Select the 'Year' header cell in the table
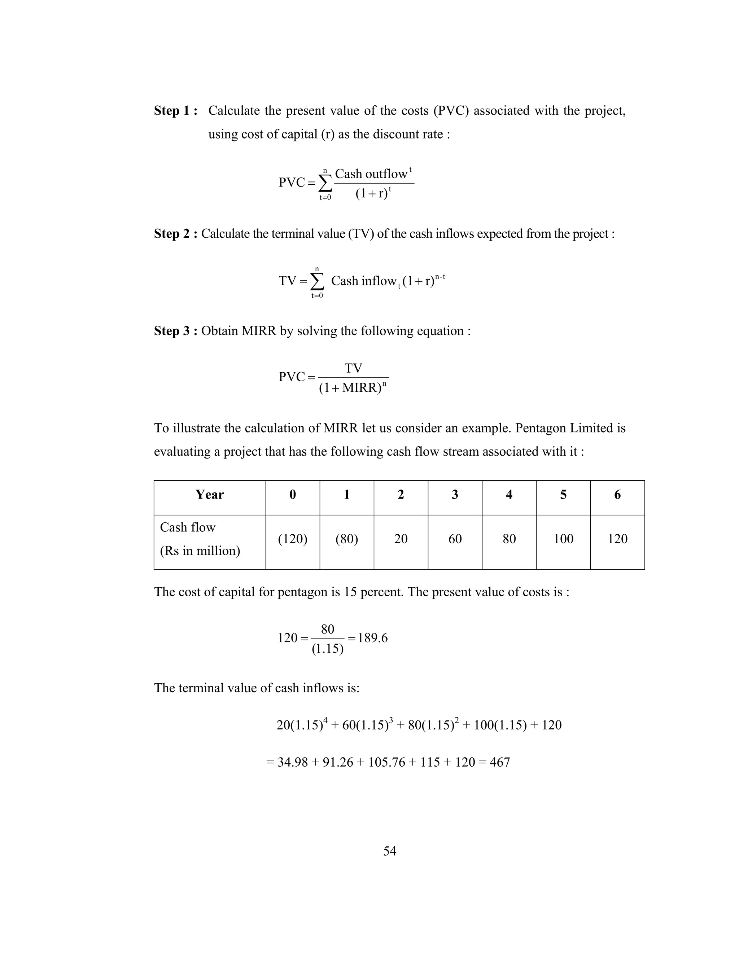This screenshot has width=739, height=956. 209,495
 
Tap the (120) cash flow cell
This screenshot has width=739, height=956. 292,539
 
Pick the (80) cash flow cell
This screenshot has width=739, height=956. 347,539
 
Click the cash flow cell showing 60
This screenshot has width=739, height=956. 455,539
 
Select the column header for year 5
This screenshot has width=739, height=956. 563,495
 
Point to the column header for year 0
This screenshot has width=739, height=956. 292,495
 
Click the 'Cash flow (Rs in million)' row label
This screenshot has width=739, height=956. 200,539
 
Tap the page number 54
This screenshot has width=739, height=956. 390,851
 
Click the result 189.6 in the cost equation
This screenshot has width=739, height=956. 372,638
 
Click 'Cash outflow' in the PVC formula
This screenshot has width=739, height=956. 371,174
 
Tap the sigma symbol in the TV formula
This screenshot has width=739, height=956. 318,281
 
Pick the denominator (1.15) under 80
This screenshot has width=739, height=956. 328,649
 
